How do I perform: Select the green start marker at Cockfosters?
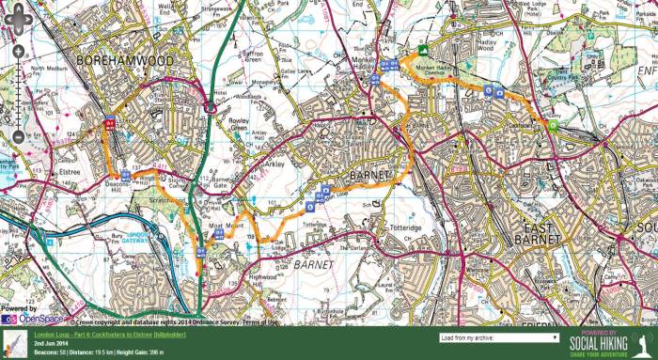[553, 126]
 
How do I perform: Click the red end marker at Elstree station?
[110, 123]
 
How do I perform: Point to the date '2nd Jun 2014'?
[53, 343]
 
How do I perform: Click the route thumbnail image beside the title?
[12, 341]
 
